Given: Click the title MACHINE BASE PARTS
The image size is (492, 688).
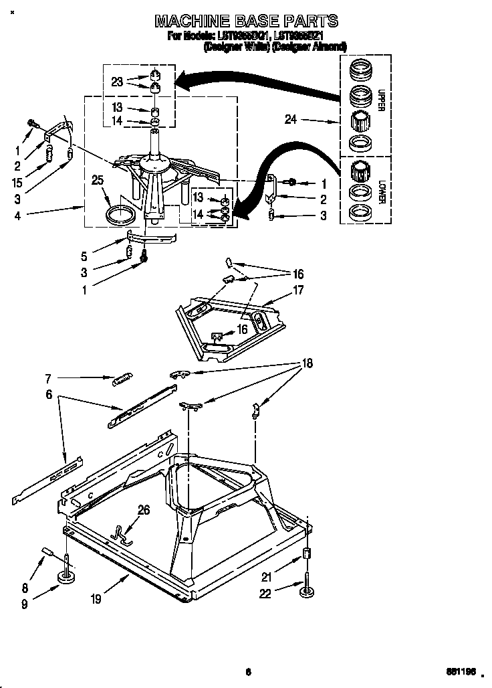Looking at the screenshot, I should coord(246,21).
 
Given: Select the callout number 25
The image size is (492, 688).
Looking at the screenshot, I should coord(98,181).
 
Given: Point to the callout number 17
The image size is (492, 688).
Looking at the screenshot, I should coord(298,290).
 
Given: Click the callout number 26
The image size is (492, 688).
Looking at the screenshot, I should coord(142,511).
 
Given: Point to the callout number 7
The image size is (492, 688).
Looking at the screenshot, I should coord(48,378).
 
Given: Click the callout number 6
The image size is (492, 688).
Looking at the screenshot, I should coord(48,396).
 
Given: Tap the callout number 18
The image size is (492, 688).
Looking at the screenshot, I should coord(307,363).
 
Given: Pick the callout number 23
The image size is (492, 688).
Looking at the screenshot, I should coord(117,82).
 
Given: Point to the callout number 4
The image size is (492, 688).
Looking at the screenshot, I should coord(17,216).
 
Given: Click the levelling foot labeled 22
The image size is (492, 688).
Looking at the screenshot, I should coord(307,590).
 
